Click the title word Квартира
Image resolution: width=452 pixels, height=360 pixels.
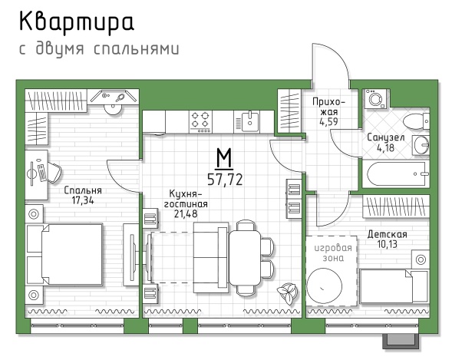point(77,23)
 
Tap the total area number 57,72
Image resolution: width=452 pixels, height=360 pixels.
point(225,180)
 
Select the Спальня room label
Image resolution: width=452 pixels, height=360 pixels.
point(83,190)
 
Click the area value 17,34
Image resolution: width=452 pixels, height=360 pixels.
point(83,200)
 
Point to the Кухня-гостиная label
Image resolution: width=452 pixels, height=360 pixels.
point(186,199)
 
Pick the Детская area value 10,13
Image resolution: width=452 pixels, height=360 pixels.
point(387,244)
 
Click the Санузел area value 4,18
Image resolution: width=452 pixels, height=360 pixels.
point(386,148)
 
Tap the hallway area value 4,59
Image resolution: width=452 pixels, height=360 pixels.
point(328,121)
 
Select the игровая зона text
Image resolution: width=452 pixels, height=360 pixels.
point(333,253)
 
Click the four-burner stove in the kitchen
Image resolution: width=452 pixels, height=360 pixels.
point(200,121)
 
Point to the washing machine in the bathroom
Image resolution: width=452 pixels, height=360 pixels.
point(376,99)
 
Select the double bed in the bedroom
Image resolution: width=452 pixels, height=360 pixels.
point(65,254)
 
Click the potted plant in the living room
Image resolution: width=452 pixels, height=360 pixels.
point(287,293)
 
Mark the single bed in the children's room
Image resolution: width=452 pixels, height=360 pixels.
point(394,286)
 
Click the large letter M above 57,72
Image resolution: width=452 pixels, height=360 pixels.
point(224,158)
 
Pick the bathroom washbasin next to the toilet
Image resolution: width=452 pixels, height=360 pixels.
point(421,145)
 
